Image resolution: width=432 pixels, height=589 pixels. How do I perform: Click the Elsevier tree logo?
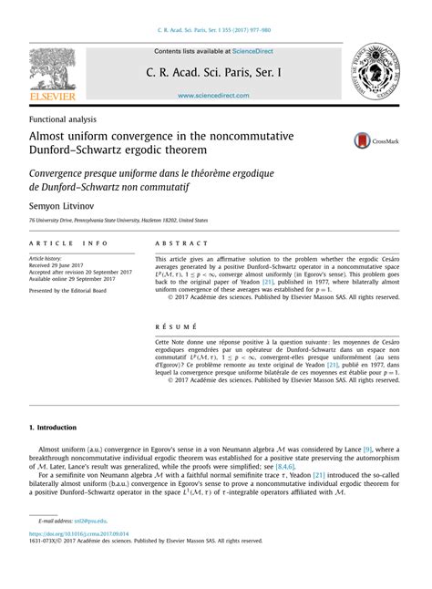coord(52,73)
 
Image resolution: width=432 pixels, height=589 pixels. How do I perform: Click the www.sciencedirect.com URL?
coord(215,96)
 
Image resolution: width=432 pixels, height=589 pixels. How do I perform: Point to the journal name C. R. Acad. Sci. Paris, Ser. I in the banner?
coord(215,73)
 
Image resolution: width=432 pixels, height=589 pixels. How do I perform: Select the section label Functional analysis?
coord(63,119)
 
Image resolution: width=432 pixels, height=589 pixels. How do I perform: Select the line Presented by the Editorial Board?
coord(73,291)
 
